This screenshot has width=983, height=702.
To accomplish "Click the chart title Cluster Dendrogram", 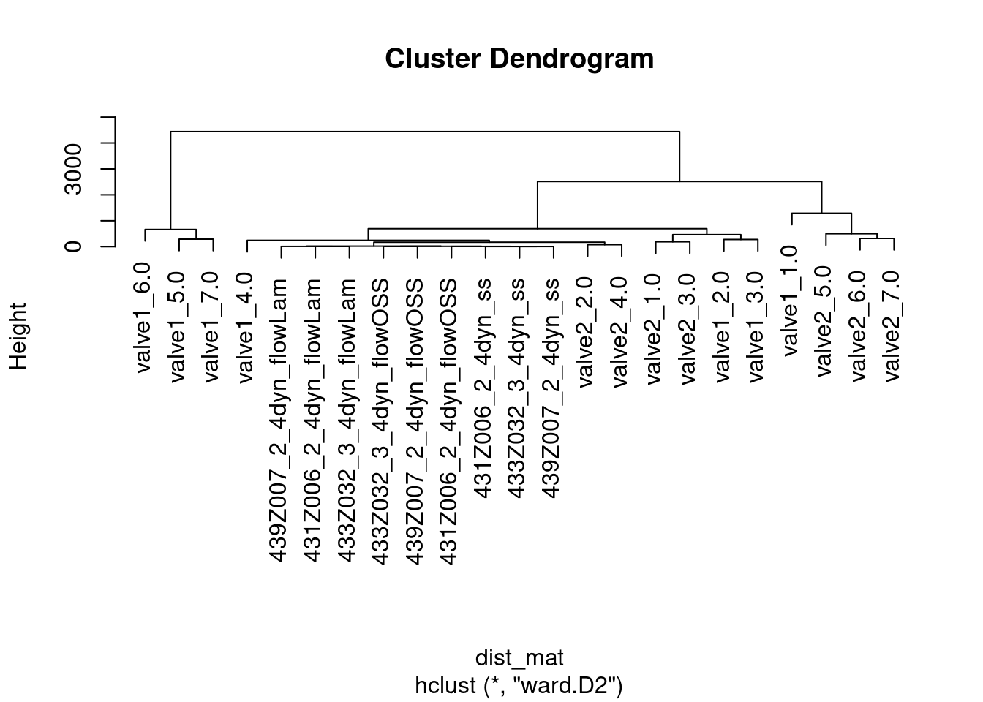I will click(519, 58).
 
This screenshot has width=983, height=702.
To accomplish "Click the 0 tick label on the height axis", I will click(73, 246).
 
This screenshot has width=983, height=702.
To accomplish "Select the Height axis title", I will click(18, 336).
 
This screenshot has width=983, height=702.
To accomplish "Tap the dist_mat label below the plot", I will click(519, 657).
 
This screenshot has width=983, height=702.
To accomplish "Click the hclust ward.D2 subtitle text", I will click(519, 686).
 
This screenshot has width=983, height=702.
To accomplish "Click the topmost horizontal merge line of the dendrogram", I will click(424, 132).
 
